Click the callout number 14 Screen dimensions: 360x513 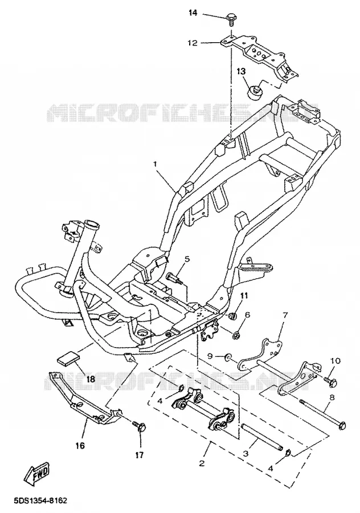click(193, 14)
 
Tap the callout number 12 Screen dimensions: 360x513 click(193, 43)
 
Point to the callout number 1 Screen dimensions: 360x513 click(156, 163)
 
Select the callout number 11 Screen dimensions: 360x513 click(244, 296)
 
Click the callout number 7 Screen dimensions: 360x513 click(285, 315)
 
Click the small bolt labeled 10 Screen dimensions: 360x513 click(330, 381)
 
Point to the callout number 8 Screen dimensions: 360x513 click(332, 398)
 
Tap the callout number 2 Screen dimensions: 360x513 click(202, 463)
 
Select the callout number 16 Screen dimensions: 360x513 click(80, 445)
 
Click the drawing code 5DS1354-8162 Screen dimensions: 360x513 click(40, 501)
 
